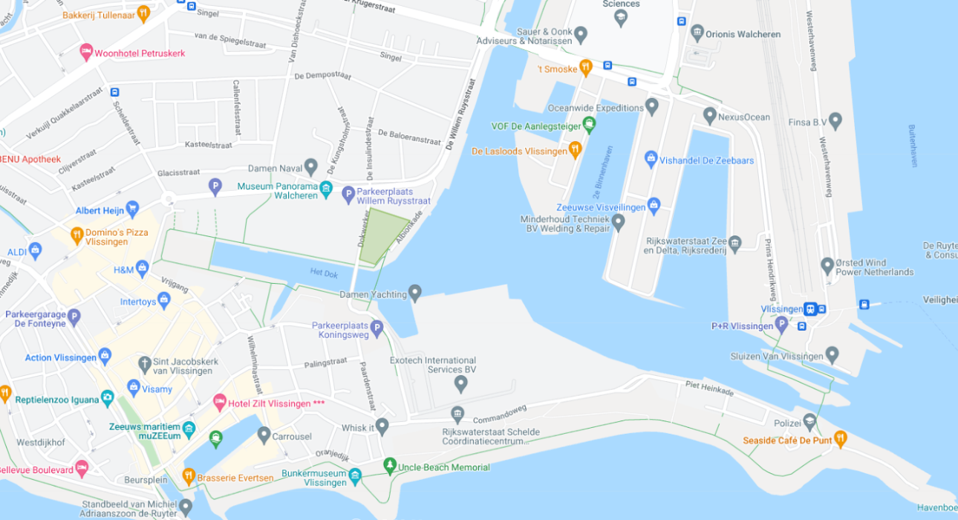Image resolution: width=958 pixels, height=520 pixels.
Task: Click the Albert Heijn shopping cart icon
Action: (132, 208)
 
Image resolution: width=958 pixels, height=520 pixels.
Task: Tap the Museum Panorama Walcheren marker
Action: (325, 190)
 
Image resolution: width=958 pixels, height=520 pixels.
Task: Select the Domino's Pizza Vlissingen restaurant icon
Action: (76, 236)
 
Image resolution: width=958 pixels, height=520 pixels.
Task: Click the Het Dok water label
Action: (324, 273)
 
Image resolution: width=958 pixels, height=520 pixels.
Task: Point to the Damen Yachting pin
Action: (415, 293)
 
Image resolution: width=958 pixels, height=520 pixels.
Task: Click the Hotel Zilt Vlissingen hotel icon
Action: (219, 403)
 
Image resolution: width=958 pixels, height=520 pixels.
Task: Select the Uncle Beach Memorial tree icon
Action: (389, 466)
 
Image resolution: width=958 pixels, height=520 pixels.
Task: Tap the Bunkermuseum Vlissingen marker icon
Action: (355, 476)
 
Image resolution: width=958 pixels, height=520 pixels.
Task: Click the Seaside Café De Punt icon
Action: (840, 439)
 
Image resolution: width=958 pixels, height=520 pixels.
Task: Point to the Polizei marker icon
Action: (809, 422)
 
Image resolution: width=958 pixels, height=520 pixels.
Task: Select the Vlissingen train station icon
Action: (810, 309)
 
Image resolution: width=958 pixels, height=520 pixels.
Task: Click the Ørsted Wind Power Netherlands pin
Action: (827, 266)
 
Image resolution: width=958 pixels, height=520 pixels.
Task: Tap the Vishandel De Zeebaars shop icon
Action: (651, 159)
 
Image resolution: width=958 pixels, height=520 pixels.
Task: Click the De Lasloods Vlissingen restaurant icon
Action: (575, 151)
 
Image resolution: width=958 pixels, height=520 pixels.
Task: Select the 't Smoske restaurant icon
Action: (585, 68)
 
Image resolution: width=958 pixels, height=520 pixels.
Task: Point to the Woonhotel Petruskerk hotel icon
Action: (86, 52)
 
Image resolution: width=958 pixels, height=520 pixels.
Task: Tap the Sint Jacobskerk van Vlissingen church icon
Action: (145, 364)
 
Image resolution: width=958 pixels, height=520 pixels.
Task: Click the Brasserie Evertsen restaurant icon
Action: (189, 475)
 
